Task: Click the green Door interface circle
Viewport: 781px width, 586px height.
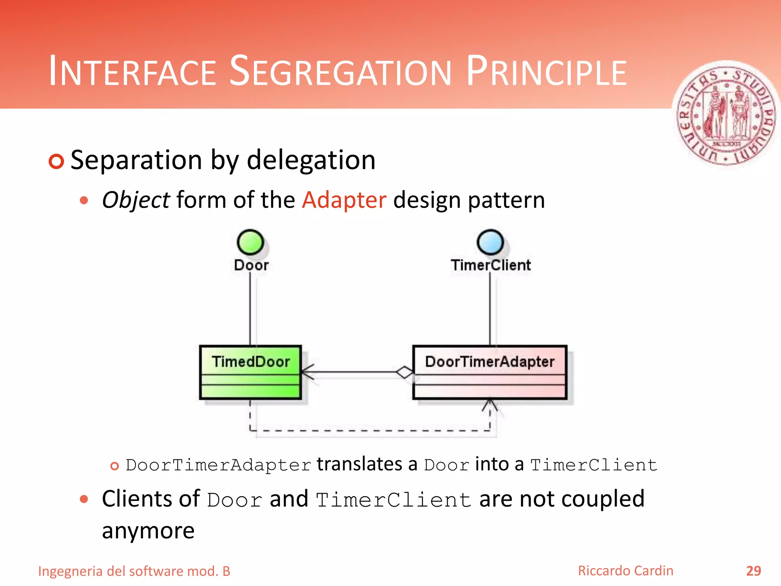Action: tap(250, 242)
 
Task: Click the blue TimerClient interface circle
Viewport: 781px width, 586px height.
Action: tap(490, 242)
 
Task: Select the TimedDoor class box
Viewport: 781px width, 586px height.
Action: tap(251, 372)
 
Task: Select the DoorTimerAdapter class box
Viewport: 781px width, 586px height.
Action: tap(490, 372)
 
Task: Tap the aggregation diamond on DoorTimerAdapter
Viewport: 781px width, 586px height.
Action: tap(404, 372)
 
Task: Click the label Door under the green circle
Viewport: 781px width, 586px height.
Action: tap(251, 265)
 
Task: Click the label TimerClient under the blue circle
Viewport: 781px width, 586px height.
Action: tap(491, 265)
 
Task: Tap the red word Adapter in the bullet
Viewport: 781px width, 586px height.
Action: tap(344, 200)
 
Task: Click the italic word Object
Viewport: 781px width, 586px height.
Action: tap(136, 200)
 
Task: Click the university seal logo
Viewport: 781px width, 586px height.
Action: tap(726, 116)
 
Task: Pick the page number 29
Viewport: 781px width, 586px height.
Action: tap(753, 571)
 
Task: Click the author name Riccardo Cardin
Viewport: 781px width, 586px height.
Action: tap(625, 571)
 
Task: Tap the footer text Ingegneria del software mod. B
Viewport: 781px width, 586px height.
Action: tap(134, 571)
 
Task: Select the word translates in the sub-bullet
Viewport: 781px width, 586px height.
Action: tap(359, 464)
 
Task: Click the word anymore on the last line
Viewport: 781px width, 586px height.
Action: tap(148, 531)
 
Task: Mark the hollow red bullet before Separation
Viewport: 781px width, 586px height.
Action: tap(56, 161)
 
